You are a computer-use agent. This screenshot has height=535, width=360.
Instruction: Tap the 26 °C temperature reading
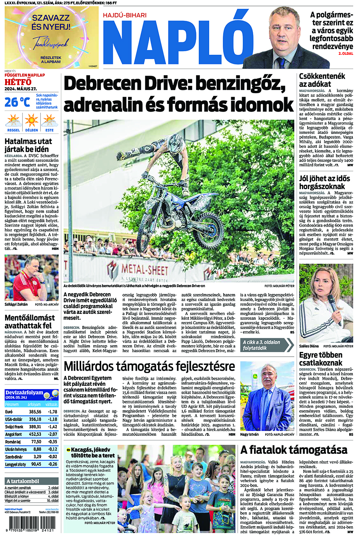(17, 102)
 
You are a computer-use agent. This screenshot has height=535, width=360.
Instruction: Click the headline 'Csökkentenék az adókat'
(322, 80)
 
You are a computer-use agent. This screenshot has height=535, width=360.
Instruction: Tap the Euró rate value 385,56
(35, 411)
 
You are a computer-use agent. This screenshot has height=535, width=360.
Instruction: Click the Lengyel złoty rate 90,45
(36, 464)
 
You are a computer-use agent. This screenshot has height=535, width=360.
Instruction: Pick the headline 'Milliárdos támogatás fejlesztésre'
(149, 366)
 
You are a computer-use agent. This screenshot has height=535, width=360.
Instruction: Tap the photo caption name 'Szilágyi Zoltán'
(16, 304)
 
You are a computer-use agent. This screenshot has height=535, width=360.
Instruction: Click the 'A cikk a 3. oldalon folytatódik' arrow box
(267, 345)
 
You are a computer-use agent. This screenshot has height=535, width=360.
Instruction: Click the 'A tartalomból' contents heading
(23, 481)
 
